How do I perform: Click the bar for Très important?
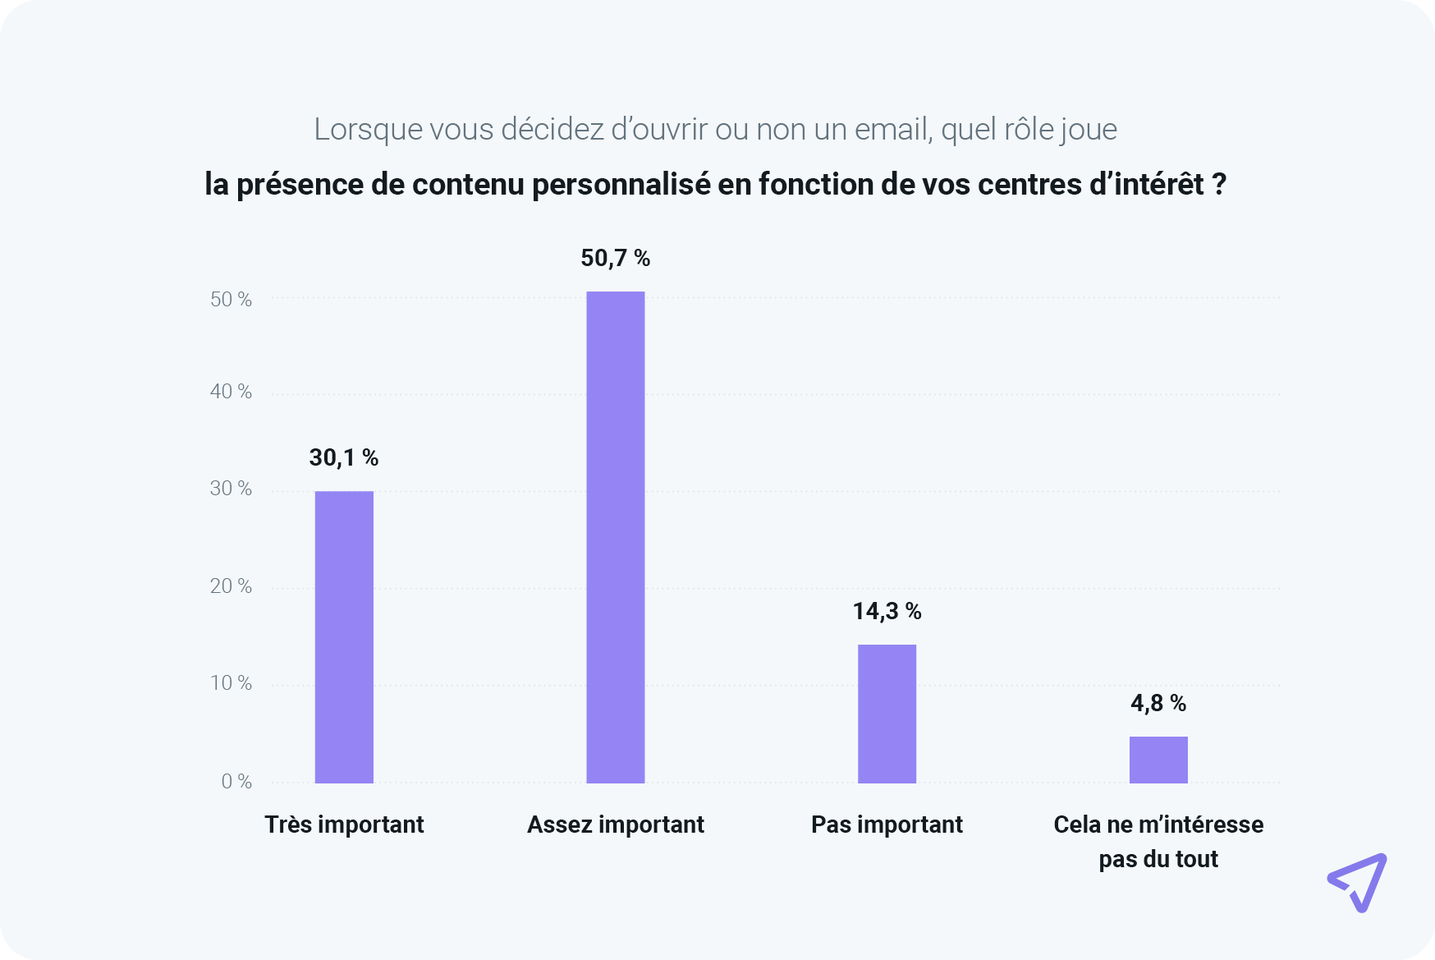click(344, 636)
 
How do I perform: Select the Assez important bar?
click(615, 537)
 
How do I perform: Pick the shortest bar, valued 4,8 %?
click(1158, 760)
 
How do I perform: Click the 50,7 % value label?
click(615, 259)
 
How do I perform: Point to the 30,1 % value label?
click(343, 458)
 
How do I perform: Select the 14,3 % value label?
click(887, 612)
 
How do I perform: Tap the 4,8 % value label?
click(1158, 704)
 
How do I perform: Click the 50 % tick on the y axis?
click(231, 300)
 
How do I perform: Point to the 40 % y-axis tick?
click(231, 392)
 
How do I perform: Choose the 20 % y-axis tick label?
click(231, 586)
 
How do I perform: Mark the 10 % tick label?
click(231, 683)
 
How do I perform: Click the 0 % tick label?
click(236, 782)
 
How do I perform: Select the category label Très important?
click(344, 824)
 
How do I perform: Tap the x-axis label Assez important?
click(615, 824)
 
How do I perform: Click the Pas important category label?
click(887, 824)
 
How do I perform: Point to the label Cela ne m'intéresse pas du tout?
click(1158, 842)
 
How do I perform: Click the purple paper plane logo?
click(1358, 882)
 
